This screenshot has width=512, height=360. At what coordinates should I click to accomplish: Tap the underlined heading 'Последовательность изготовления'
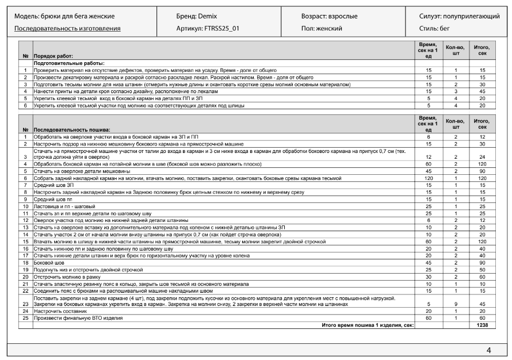[67, 28]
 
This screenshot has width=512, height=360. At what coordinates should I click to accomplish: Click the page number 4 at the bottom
[488, 350]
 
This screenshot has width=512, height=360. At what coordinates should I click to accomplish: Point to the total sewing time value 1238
[482, 325]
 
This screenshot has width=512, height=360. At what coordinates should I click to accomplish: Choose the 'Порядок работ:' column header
[53, 56]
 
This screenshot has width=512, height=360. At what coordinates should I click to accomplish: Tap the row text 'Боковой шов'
[51, 262]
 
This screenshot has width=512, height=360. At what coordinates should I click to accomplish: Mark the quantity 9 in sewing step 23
[455, 304]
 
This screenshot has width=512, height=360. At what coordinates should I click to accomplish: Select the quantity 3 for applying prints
[455, 91]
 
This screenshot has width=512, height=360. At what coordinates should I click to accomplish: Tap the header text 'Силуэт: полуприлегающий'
[459, 16]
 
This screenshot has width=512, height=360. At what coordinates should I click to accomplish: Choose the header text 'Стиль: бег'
[434, 28]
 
